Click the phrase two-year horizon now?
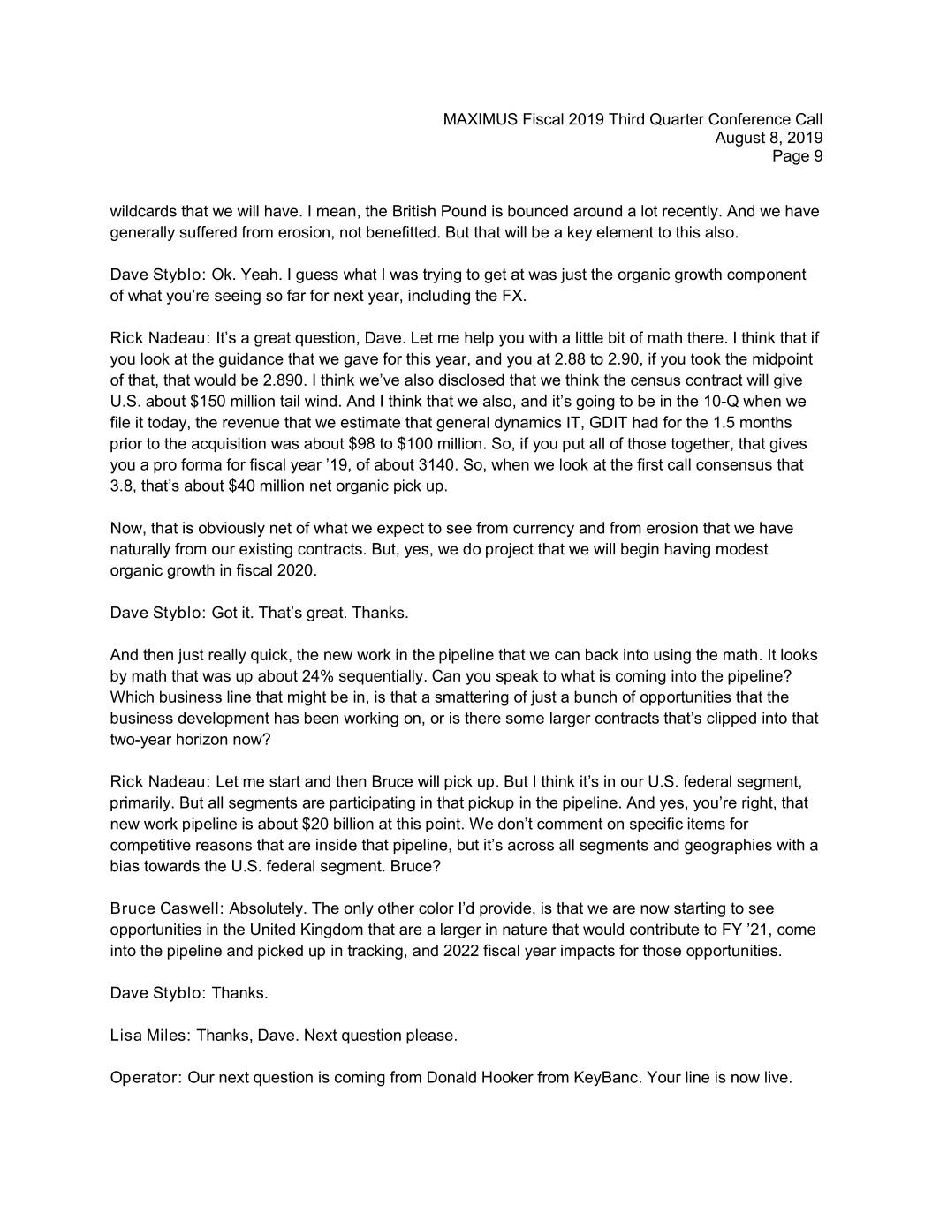coord(190,740)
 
